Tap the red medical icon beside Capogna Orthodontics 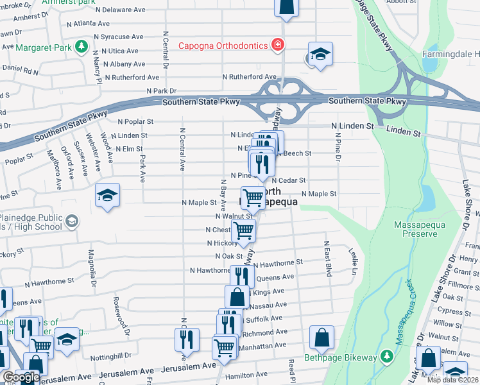pyautogui.click(x=278, y=45)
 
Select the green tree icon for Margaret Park pyautogui.click(x=81, y=46)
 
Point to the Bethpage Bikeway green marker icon pyautogui.click(x=386, y=355)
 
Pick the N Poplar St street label pyautogui.click(x=135, y=121)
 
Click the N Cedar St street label pyautogui.click(x=288, y=181)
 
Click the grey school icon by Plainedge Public pyautogui.click(x=72, y=221)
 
